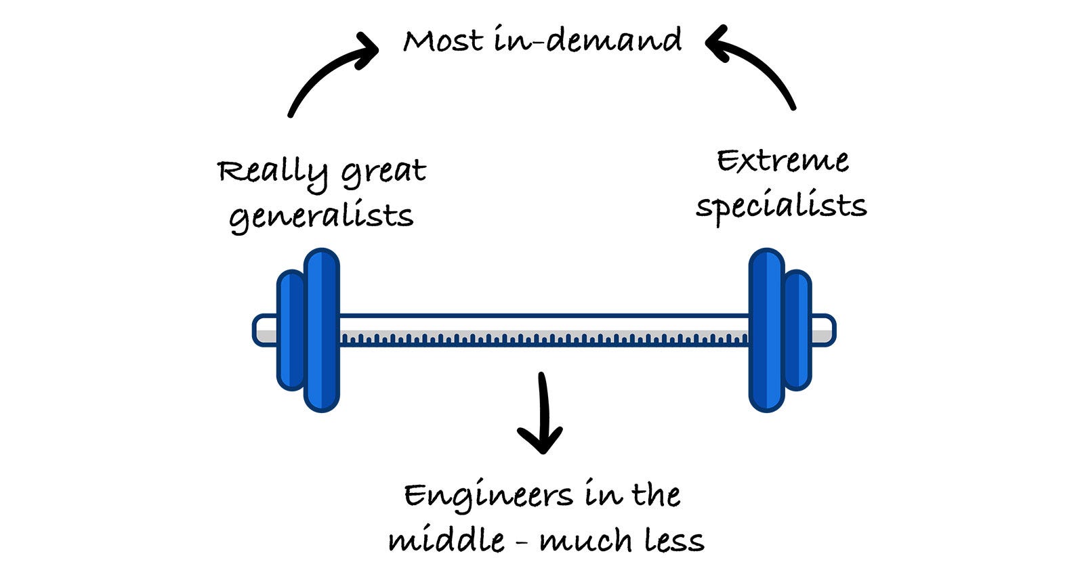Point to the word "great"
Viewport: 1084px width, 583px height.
383,173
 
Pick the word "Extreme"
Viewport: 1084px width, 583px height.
783,161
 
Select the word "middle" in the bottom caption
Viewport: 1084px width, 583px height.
446,540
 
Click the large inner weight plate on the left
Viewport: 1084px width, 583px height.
322,330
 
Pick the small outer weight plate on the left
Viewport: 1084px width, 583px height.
290,330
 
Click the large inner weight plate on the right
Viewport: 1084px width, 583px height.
766,330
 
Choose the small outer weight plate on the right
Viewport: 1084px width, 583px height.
798,330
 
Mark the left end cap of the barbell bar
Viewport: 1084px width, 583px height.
264,330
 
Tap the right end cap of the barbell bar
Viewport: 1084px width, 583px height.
823,330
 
